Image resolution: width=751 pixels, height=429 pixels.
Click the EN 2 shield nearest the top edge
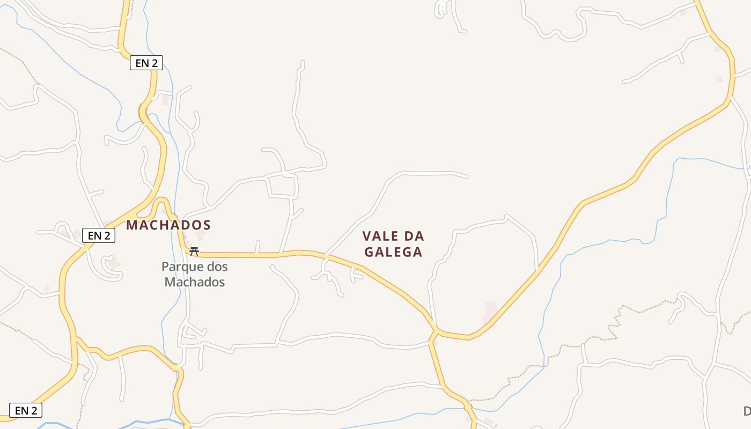[x=146, y=63]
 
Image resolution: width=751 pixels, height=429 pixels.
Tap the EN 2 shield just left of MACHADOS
[x=99, y=235]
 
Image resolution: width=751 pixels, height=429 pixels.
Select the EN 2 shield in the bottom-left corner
[x=26, y=411]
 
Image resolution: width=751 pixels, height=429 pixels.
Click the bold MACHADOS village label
[x=168, y=225]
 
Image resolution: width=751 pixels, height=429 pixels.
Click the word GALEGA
[x=393, y=252]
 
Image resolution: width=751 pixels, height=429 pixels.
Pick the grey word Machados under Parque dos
[x=194, y=282]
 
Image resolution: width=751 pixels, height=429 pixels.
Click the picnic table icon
[x=194, y=251]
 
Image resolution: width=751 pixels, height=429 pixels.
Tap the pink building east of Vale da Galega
[x=490, y=310]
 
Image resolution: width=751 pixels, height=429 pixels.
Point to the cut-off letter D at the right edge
[x=747, y=411]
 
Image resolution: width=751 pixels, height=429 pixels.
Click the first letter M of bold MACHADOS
[x=131, y=225]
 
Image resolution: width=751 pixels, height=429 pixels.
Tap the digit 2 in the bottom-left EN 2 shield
[x=34, y=411]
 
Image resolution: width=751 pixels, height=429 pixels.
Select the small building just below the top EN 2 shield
[x=165, y=100]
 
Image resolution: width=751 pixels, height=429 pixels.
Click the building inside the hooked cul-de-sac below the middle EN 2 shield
[x=113, y=263]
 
